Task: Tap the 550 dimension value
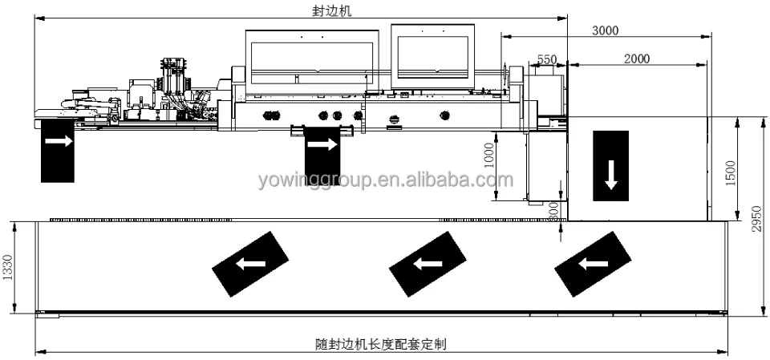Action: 547,59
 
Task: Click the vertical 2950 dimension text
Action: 756,216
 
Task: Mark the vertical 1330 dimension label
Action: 8,267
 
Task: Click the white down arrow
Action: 612,174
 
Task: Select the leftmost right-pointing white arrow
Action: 57,141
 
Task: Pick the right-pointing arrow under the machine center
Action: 322,144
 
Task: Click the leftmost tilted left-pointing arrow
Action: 249,263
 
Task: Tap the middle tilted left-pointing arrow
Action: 426,262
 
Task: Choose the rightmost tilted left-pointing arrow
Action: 594,262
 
